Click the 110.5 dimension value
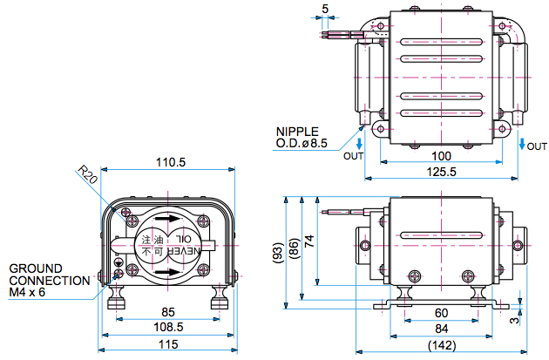(x=171, y=163)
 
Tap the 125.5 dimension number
(x=442, y=172)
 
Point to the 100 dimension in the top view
(x=442, y=155)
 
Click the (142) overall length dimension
(x=442, y=347)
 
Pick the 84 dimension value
(x=442, y=329)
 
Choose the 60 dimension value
(x=442, y=313)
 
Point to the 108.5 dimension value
(x=169, y=328)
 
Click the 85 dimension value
(x=169, y=311)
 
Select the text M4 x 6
(x=29, y=293)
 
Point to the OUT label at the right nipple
(x=537, y=146)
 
